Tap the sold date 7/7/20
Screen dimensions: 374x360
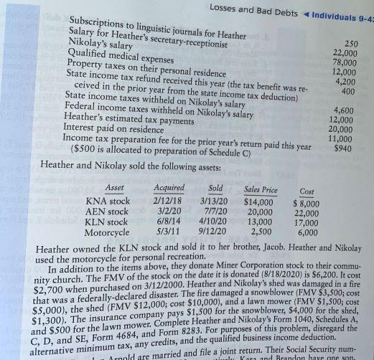coord(214,212)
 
